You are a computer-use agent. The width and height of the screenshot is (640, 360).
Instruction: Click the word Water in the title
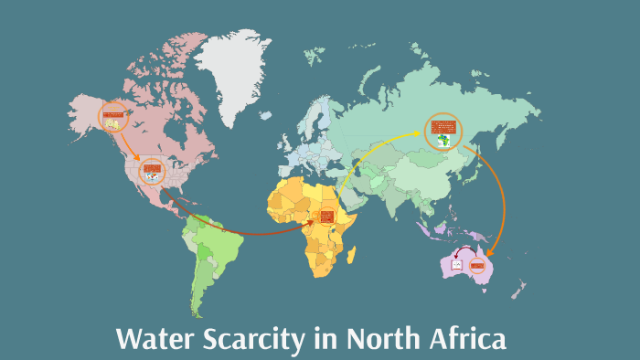tap(152, 340)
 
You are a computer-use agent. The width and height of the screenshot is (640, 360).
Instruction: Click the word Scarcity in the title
tap(247, 340)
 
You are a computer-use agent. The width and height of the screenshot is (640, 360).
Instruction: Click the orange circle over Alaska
tap(114, 116)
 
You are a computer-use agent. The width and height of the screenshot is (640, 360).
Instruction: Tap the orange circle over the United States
tap(152, 170)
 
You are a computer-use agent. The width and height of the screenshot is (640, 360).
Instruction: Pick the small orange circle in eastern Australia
tap(476, 266)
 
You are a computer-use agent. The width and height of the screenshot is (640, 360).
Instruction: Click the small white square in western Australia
tap(456, 265)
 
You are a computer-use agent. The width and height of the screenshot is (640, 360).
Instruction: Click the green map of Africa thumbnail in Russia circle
tap(444, 140)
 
